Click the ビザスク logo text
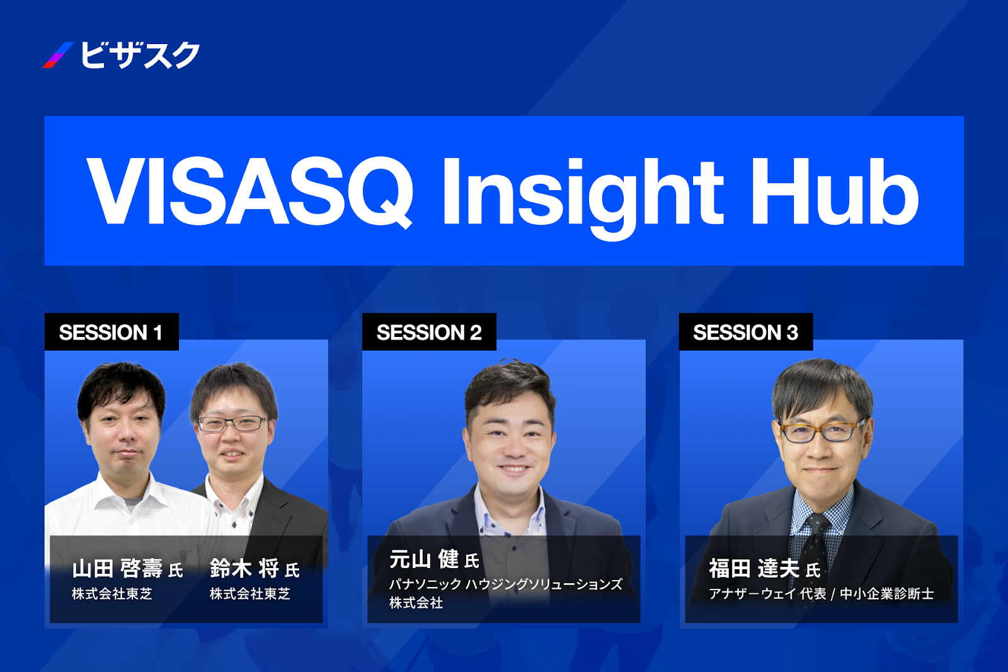pyautogui.click(x=140, y=55)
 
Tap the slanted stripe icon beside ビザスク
pyautogui.click(x=58, y=55)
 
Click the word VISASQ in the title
pyautogui.click(x=249, y=191)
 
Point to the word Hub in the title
pyautogui.click(x=835, y=191)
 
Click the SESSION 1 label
pyautogui.click(x=111, y=333)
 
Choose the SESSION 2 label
pyautogui.click(x=429, y=333)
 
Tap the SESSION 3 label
pyautogui.click(x=746, y=333)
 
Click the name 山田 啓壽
pyautogui.click(x=117, y=568)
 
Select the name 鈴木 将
pyautogui.click(x=245, y=568)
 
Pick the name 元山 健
pyautogui.click(x=424, y=559)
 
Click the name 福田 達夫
pyautogui.click(x=755, y=568)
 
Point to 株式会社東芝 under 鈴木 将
pyautogui.click(x=249, y=594)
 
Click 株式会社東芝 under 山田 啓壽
pyautogui.click(x=112, y=594)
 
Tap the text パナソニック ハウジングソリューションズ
pyautogui.click(x=506, y=584)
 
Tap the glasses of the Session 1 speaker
pyautogui.click(x=232, y=423)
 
